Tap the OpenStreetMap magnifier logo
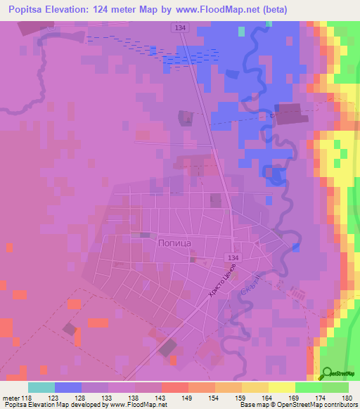327,374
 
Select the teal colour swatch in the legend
41,387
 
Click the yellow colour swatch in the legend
281,387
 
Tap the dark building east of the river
288,114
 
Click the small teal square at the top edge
242,32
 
